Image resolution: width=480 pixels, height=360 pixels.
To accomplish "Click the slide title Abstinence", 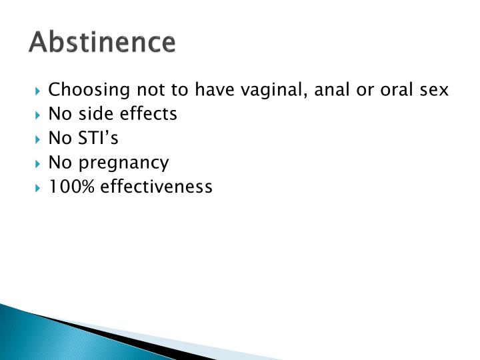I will pos(103,42).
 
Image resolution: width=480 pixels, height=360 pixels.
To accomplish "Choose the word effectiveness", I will pos(157,187).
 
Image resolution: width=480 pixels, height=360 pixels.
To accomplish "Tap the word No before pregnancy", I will pos(59,162).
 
